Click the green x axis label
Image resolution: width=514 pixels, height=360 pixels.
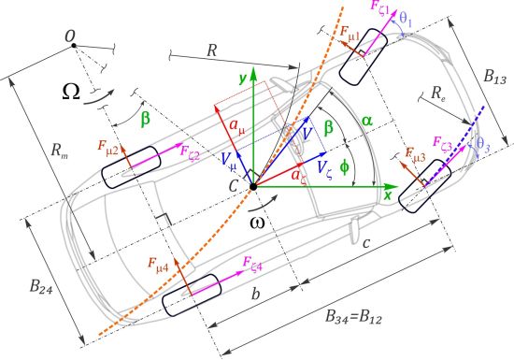[x=386, y=197]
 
